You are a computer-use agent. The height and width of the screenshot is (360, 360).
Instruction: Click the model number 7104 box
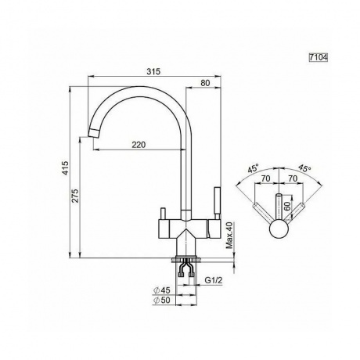pos(318,57)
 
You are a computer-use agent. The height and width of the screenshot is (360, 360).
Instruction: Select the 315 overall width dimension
pos(153,71)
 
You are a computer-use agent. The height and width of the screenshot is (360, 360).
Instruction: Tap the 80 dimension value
pos(205,83)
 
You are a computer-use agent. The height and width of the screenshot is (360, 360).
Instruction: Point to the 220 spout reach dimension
pos(139,145)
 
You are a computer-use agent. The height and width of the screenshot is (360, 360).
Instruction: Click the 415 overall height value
pos(65,168)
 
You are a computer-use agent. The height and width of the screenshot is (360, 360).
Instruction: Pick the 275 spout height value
pos(75,196)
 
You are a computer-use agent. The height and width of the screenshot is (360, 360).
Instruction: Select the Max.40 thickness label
pos(229,236)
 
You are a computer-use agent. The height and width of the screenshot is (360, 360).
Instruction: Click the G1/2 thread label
pos(213,280)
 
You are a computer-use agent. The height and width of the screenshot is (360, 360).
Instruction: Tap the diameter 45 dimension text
pos(162,290)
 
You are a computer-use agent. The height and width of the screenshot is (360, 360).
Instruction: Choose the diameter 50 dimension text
pos(162,301)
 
